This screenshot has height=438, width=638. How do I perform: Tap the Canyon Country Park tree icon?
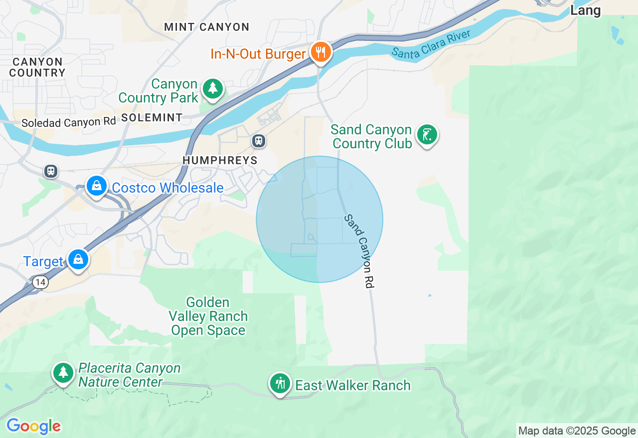(213, 89)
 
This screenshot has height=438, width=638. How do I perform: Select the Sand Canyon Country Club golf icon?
(427, 135)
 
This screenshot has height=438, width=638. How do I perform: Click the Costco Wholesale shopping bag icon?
(97, 186)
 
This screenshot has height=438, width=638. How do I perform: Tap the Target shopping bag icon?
(78, 260)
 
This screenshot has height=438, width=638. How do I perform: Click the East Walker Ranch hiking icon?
(280, 384)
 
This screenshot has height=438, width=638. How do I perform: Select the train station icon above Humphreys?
(258, 141)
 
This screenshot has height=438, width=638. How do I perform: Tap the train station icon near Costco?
(50, 172)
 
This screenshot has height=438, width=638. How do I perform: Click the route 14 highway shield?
(40, 283)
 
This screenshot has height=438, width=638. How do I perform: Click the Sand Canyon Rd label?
(359, 251)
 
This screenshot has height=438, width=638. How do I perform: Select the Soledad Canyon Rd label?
(68, 122)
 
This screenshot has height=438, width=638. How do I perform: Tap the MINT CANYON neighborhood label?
(206, 27)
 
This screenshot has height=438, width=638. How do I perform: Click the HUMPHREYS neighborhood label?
(220, 160)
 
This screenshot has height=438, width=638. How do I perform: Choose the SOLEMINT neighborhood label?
(152, 118)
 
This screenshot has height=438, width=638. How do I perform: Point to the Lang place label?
(585, 10)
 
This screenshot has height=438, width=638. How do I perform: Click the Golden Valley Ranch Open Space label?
(208, 317)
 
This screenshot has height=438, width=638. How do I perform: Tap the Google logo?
(33, 426)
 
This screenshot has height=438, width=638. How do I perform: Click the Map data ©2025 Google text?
(577, 431)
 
